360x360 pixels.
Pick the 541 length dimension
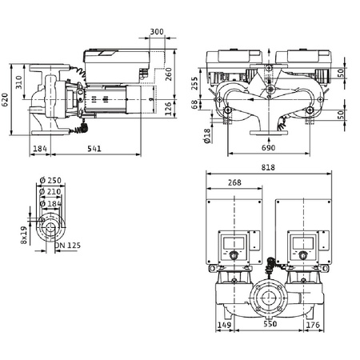95,149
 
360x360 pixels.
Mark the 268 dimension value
234,183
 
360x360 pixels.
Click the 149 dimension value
226,326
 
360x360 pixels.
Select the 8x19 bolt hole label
25,234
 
